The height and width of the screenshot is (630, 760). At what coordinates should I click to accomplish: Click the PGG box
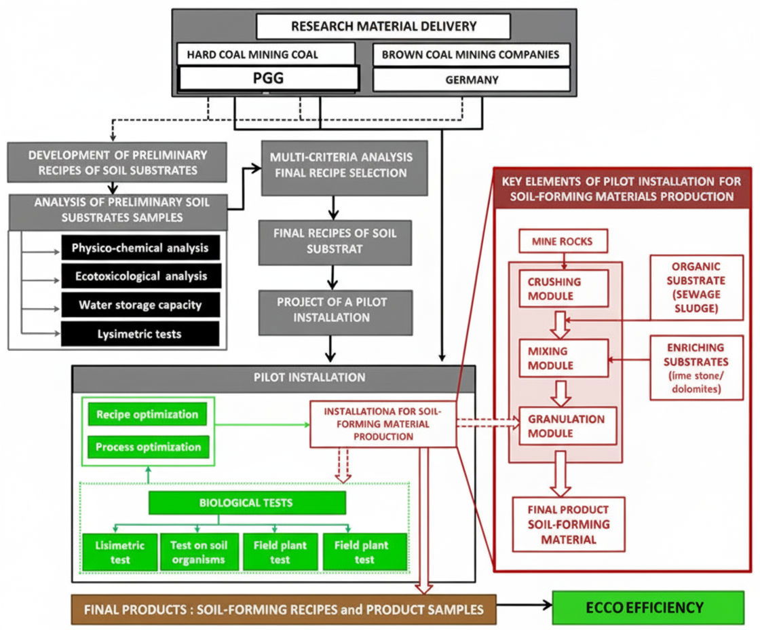pos(267,79)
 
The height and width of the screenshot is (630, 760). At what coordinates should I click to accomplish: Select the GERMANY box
pos(472,79)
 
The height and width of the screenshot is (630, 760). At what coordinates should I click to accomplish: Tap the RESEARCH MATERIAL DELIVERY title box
pos(383,26)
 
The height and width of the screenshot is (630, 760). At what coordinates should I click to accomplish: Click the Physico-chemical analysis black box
pos(140,248)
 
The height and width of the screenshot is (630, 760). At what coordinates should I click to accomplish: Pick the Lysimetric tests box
pos(140,334)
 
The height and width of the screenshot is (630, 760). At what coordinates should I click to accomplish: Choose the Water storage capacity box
pos(140,305)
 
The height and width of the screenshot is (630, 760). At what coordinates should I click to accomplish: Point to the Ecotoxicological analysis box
pos(140,276)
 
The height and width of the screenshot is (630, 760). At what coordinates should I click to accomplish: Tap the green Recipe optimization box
pos(147,414)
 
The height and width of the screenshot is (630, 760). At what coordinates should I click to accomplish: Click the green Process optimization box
pos(147,447)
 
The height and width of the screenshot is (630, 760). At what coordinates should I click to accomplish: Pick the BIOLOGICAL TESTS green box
pos(247,502)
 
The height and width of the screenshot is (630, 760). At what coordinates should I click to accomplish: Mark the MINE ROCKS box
pos(562,240)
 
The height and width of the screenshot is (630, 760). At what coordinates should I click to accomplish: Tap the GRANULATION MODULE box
pos(567,426)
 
